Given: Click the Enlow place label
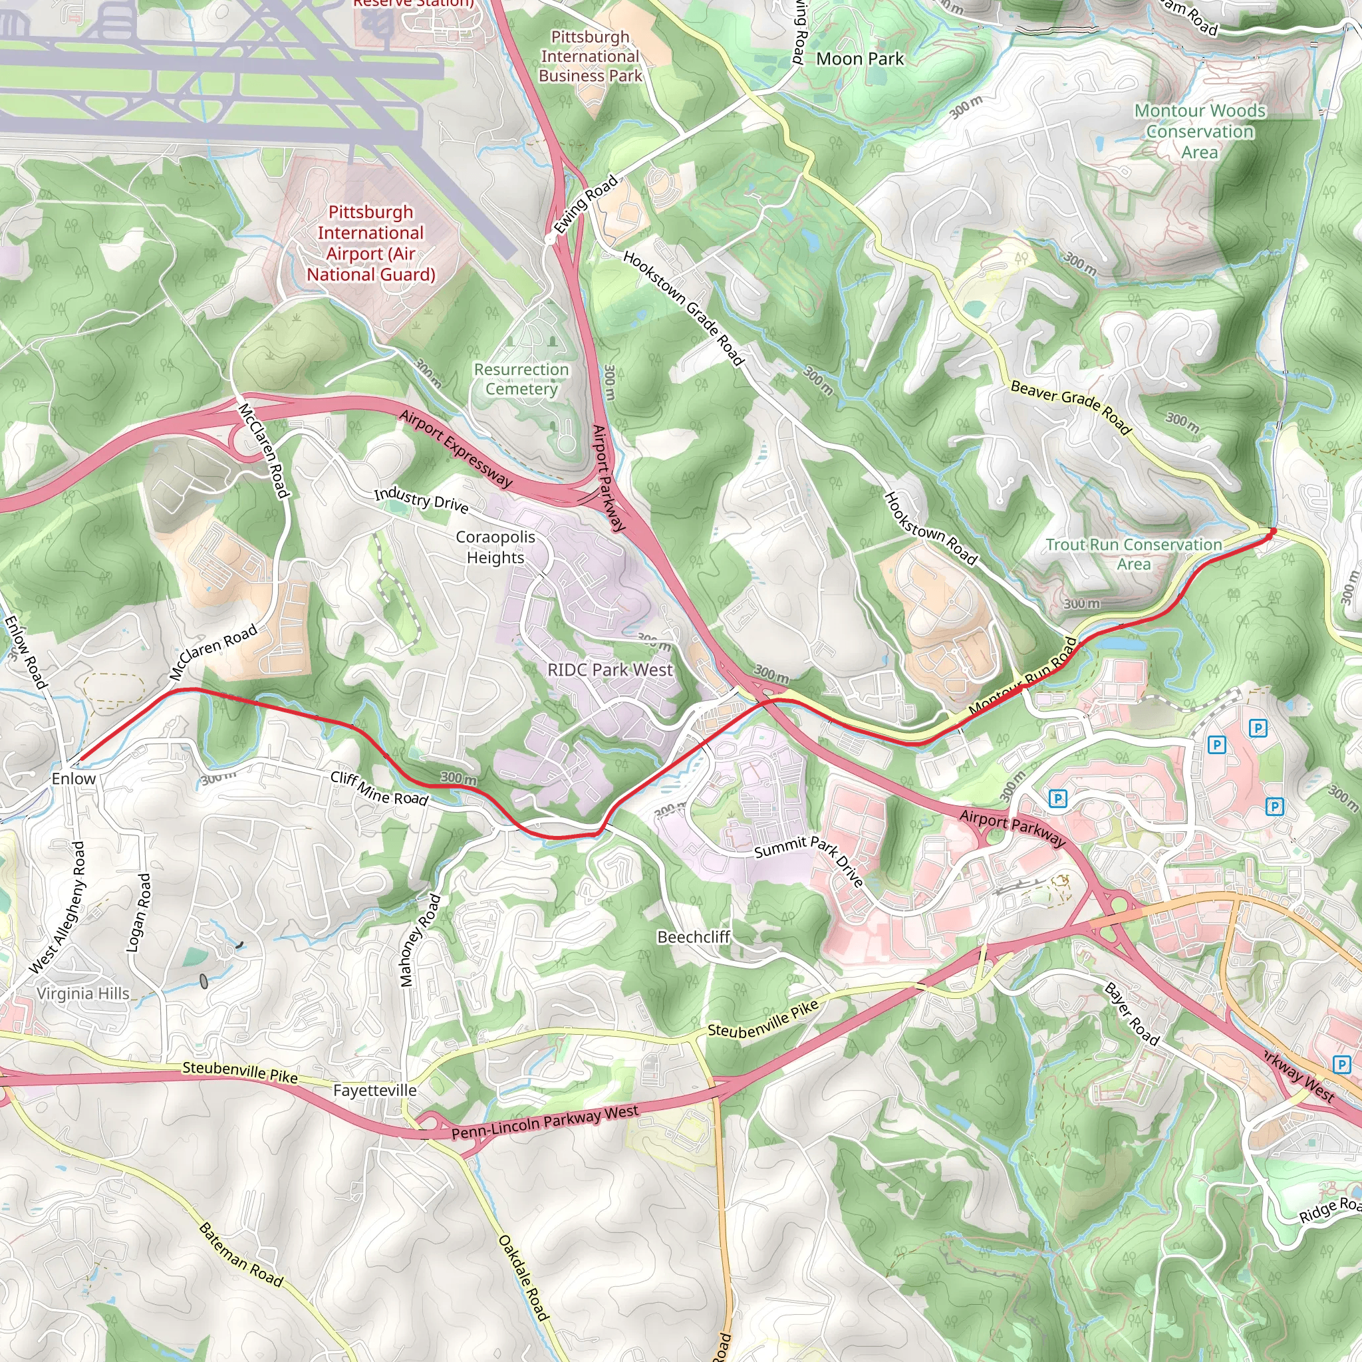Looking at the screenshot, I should pos(73,778).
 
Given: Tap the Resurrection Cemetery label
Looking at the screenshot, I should pos(521,379).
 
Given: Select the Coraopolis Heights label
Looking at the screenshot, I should pos(495,547).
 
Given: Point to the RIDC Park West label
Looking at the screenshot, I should pos(610,670).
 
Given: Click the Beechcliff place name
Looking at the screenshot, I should pos(693,937).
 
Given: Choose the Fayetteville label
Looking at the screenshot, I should pos(374,1091).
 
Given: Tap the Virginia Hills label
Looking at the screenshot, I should pos(83,994).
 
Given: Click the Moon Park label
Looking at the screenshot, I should pos(859,59).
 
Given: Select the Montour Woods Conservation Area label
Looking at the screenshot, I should pos(1199,131).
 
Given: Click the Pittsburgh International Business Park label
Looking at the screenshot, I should pos(590,57).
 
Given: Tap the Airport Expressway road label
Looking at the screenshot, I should pos(456,448).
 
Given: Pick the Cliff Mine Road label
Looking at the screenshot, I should pos(379,788).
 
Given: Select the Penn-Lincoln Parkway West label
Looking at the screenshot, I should pos(545,1122).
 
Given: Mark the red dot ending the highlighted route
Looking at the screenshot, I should pos(1272,531).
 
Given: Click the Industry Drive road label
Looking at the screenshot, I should pos(421,499).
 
